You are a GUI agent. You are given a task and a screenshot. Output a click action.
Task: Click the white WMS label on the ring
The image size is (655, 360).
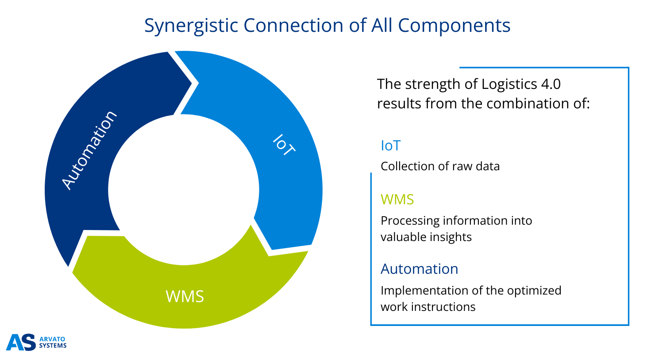point(185,296)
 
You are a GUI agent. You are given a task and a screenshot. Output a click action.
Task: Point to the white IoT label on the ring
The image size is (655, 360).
point(283,145)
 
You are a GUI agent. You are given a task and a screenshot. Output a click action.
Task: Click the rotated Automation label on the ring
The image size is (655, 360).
point(89,150)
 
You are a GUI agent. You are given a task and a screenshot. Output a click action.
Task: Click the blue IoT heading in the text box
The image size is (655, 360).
point(390,146)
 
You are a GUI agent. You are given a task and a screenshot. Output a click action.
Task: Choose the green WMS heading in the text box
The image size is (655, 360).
point(397,199)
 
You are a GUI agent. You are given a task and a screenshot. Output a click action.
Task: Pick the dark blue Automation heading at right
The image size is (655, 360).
point(419,269)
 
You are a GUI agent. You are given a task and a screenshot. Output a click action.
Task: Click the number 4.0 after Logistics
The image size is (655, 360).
point(551,84)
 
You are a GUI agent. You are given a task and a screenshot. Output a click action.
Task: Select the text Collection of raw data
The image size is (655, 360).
point(440,166)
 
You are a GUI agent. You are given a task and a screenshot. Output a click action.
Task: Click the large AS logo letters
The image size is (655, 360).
point(21,342)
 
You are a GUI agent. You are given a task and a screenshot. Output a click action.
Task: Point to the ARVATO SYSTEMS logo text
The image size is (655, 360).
point(53,342)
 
